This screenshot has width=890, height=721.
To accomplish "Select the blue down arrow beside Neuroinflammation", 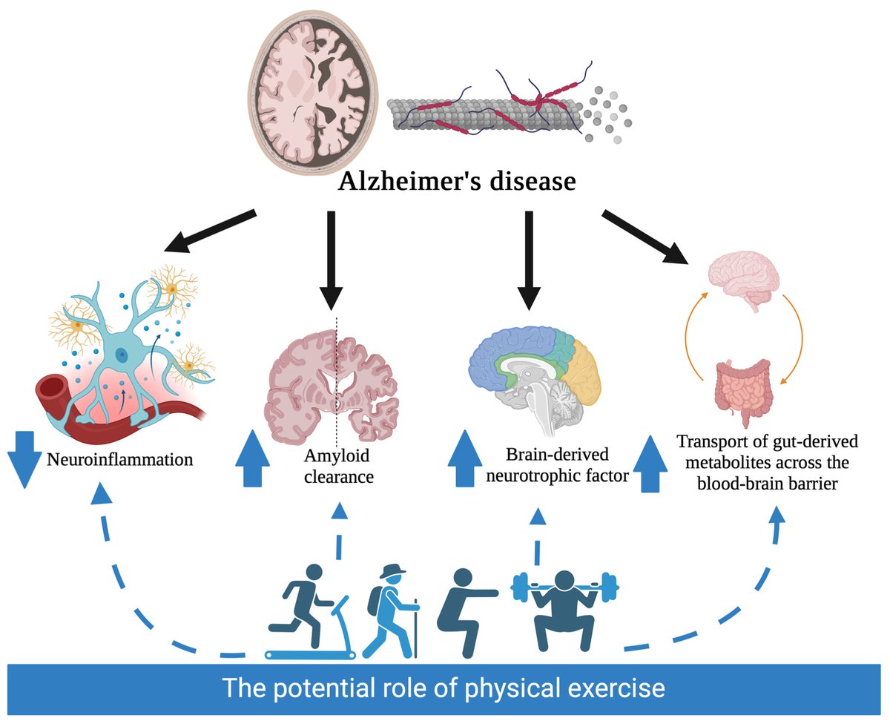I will point(23,460).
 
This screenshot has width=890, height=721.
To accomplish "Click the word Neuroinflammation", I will point(119,459).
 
